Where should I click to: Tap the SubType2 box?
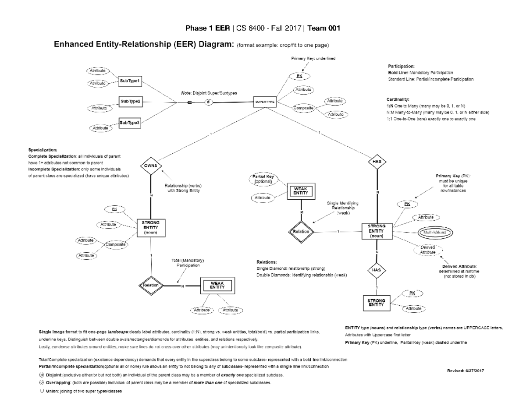coord(130,102)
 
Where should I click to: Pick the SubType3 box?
coord(130,123)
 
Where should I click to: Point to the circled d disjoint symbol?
coord(209,103)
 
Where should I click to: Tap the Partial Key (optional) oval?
coord(263,179)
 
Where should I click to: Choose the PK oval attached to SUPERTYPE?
coord(299,76)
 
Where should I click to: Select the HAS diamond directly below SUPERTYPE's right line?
coord(377,162)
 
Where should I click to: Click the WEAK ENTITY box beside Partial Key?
coord(300,191)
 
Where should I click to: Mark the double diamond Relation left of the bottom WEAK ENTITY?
coord(151,286)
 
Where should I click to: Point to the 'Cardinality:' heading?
coord(398,99)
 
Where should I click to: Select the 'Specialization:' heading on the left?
coord(42,150)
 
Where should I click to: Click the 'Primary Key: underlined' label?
coord(313,59)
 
